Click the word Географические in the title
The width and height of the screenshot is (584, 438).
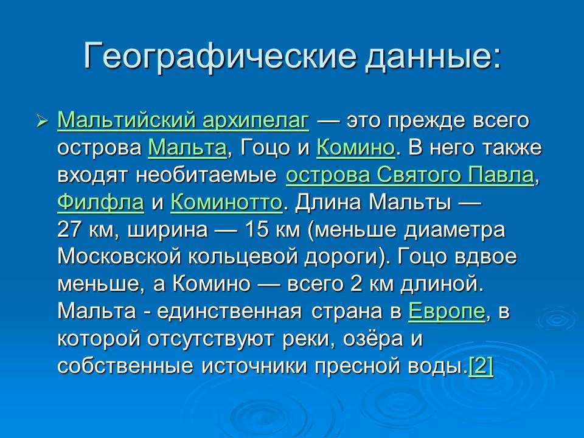[210, 56]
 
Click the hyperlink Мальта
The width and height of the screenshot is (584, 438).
[187, 148]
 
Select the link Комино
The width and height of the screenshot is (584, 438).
[356, 148]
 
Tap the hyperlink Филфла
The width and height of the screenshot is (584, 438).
[100, 203]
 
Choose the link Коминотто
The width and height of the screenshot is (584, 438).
[226, 203]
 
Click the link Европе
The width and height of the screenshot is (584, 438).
[447, 311]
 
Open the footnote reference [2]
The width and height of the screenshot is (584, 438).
[481, 366]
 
